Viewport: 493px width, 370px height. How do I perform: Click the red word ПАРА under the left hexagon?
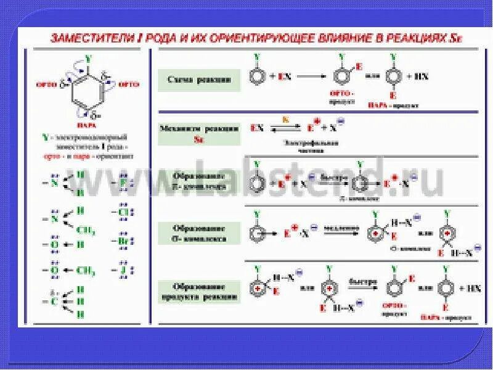tap(89, 124)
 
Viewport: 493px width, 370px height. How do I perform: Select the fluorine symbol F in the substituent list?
tap(123, 183)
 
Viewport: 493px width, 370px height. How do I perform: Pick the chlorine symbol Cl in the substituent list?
tap(123, 213)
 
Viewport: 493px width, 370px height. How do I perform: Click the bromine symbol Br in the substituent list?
tap(123, 241)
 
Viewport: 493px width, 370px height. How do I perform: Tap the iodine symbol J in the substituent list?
tap(123, 269)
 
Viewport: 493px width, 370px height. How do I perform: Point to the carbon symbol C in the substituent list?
tap(54, 302)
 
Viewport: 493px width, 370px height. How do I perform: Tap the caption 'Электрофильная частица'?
tap(304, 146)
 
